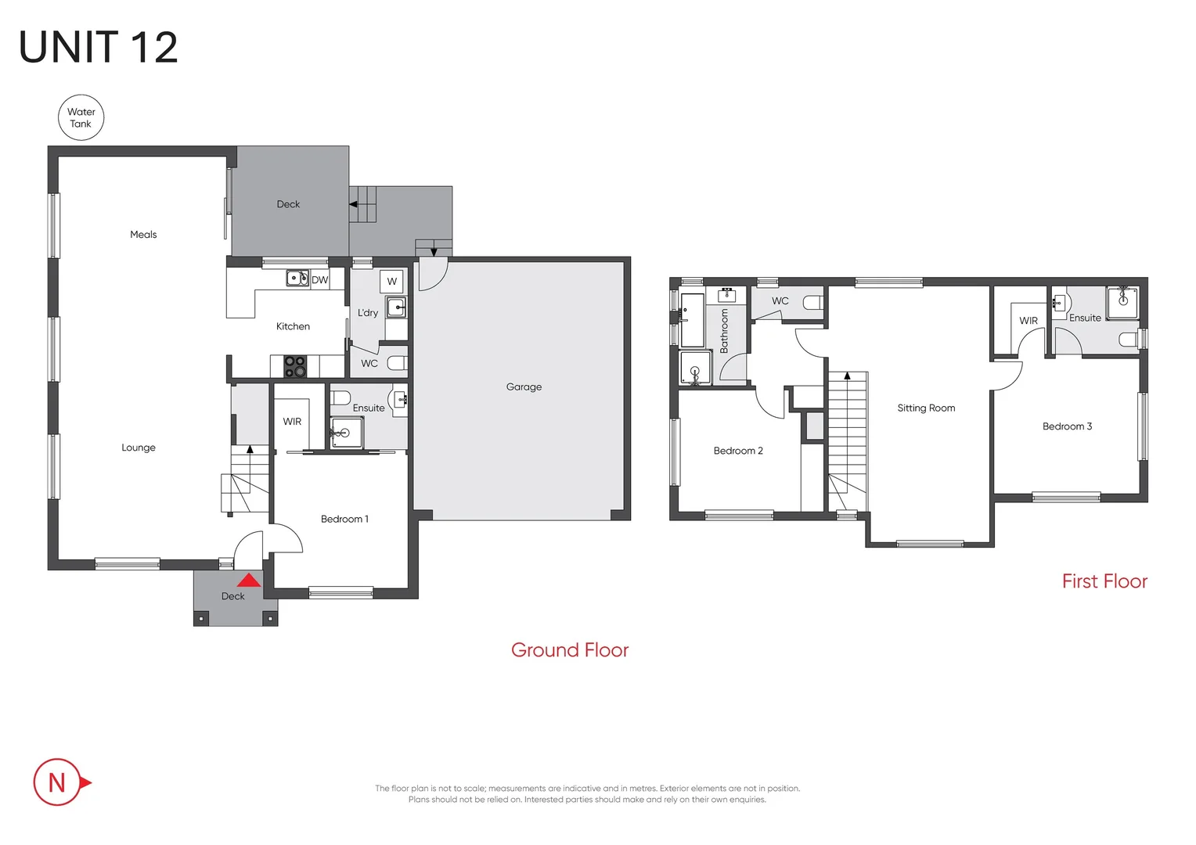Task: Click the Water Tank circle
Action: (x=81, y=118)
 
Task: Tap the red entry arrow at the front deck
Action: (x=249, y=581)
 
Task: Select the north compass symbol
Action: (x=59, y=782)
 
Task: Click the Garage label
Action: (x=524, y=387)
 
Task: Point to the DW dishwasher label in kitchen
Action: (x=320, y=279)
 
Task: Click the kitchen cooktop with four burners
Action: (x=295, y=366)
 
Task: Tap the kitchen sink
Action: (x=297, y=278)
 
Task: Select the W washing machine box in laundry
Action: (x=392, y=281)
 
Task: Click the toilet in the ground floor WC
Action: (x=398, y=363)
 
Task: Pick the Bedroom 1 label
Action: (x=344, y=519)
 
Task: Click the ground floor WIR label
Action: (x=292, y=422)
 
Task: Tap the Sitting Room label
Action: (x=926, y=408)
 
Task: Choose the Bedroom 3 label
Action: (x=1067, y=426)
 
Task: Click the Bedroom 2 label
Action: (x=738, y=451)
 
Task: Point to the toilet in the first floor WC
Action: (x=813, y=302)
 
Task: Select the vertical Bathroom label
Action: (x=724, y=330)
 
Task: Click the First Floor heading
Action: (x=1104, y=581)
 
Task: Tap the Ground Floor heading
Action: (x=570, y=650)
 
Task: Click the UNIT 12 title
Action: (x=99, y=48)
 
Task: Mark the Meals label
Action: (x=143, y=235)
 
